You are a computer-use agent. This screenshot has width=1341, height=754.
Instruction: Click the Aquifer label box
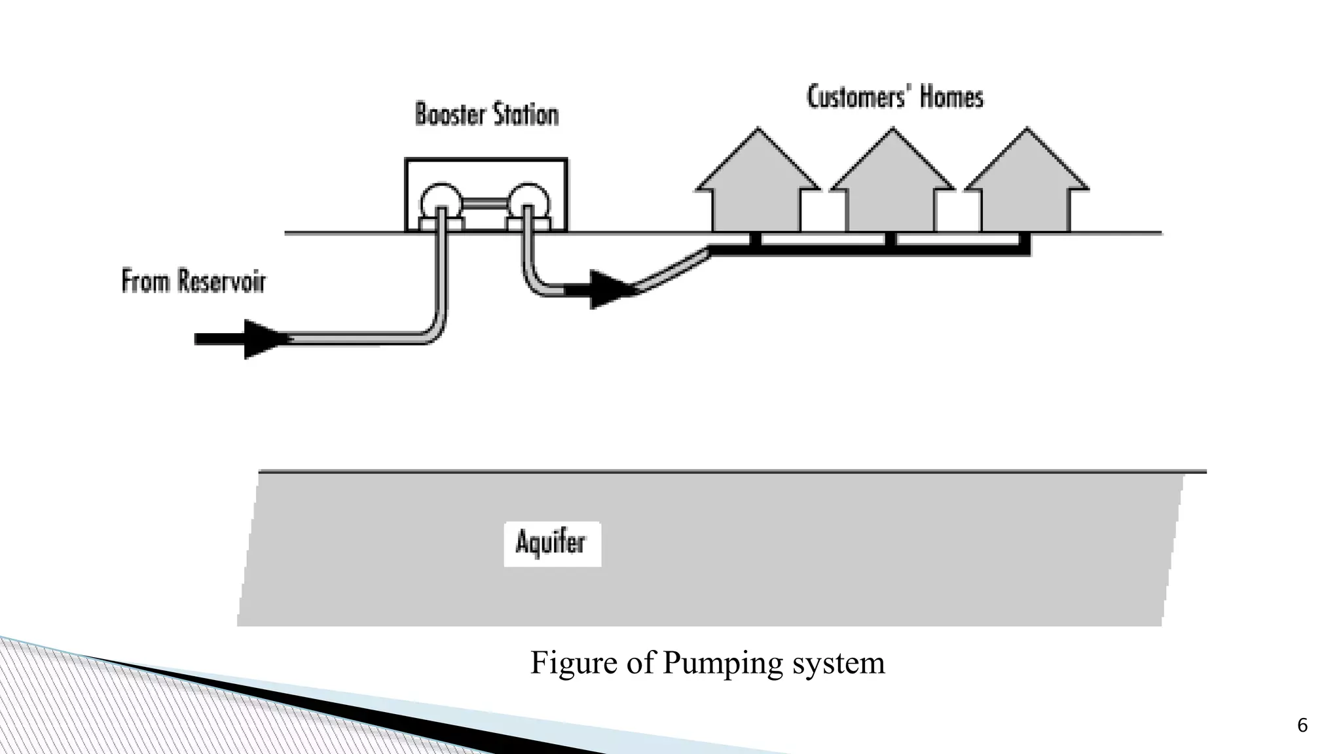click(552, 543)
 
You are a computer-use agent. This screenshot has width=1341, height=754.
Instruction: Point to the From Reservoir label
click(194, 281)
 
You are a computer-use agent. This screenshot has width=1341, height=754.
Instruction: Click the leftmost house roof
click(758, 164)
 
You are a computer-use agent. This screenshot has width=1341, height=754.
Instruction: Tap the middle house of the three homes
click(892, 190)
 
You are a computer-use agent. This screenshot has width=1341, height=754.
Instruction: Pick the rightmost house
click(1026, 190)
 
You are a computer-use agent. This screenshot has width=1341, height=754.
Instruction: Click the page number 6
click(1302, 725)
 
